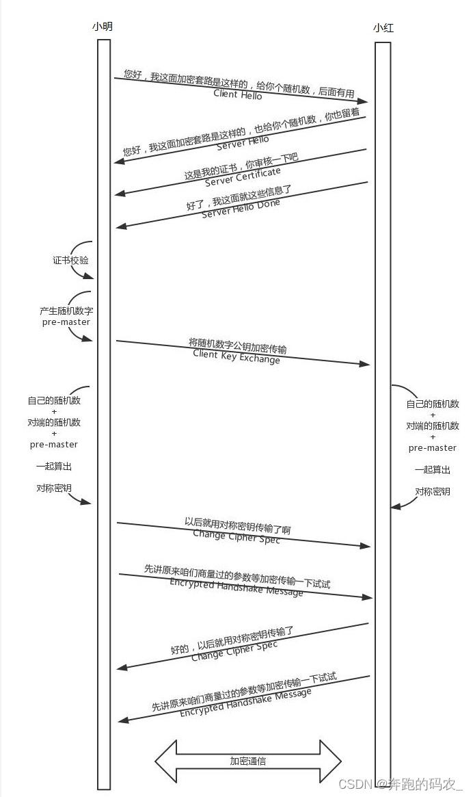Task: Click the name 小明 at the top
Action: (103, 27)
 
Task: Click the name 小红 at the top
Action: (383, 28)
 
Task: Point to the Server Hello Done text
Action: (241, 209)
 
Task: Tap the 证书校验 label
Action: (70, 261)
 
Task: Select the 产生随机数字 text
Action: (66, 311)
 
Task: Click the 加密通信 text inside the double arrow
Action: (247, 761)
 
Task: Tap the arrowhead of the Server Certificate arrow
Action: (120, 194)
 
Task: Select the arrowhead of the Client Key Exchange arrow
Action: (365, 364)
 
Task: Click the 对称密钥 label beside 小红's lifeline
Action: (433, 492)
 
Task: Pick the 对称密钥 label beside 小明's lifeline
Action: (54, 488)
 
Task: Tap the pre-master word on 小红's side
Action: (433, 448)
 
